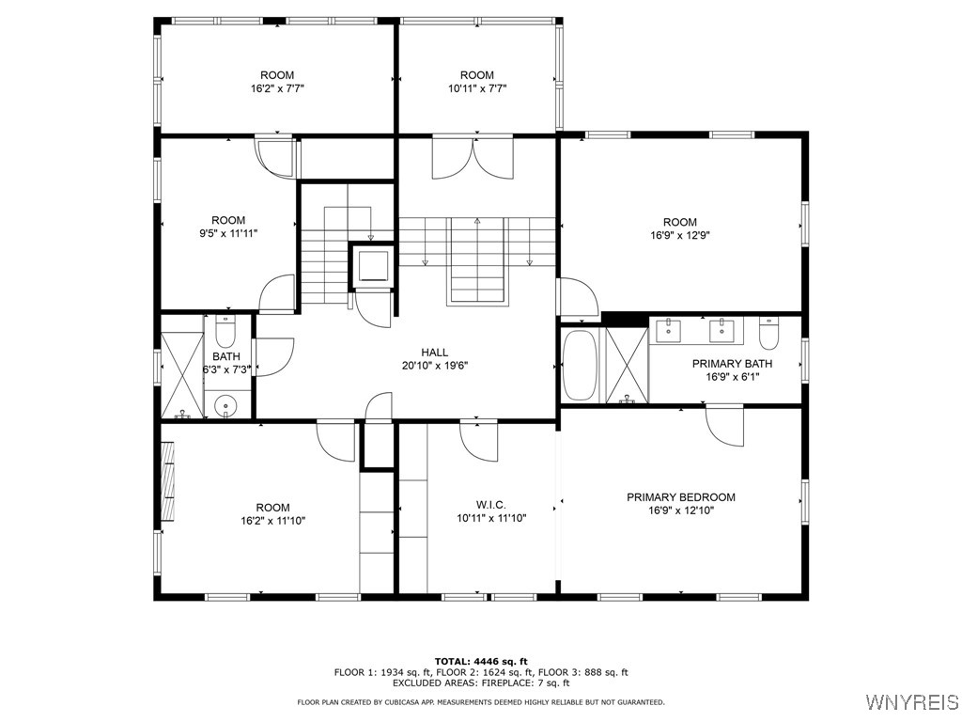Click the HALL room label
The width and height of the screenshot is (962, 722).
coord(434,352)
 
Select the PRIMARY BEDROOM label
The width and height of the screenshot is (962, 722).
coord(681,497)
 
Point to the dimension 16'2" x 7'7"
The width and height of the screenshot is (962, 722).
coord(277,88)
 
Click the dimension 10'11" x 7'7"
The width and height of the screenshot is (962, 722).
coord(476,88)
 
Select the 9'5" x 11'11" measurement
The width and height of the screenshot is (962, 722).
coord(228,233)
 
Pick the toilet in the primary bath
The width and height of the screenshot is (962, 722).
coord(769,334)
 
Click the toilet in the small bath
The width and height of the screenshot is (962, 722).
coord(226,332)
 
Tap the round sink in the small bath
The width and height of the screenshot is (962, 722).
coord(226,406)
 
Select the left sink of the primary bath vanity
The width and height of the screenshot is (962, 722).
coord(669,329)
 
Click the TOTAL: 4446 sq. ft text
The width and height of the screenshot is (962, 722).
coord(481,661)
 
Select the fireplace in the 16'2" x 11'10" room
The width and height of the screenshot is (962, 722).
coord(168,481)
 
